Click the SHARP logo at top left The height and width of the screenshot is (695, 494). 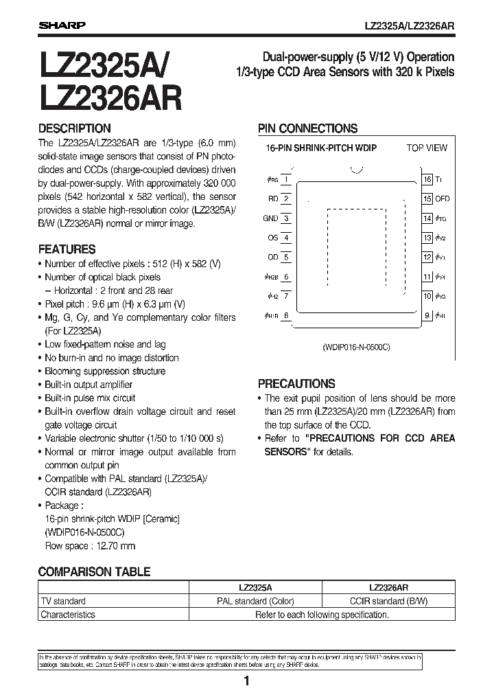pyautogui.click(x=61, y=25)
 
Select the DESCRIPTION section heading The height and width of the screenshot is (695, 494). pyautogui.click(x=74, y=128)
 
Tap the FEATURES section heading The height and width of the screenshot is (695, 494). pyautogui.click(x=67, y=249)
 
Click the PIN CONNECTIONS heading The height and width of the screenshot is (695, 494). pyautogui.click(x=307, y=128)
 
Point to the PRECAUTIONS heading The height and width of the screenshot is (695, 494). pyautogui.click(x=296, y=384)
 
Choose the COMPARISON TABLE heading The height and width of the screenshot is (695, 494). pyautogui.click(x=94, y=571)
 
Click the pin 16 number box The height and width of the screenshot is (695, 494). pyautogui.click(x=427, y=179)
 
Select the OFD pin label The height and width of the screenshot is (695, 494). pyautogui.click(x=443, y=198)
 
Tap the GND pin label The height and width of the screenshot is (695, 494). pyautogui.click(x=270, y=218)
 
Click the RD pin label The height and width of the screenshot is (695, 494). pyautogui.click(x=272, y=198)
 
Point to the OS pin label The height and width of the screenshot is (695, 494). pyautogui.click(x=272, y=238)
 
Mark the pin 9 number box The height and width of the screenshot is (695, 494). pyautogui.click(x=427, y=316)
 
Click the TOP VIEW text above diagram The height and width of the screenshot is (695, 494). pyautogui.click(x=426, y=148)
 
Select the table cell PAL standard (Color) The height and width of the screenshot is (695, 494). pyautogui.click(x=255, y=601)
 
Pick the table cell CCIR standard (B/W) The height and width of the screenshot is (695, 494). pyautogui.click(x=388, y=601)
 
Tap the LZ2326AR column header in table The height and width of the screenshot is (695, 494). pyautogui.click(x=388, y=588)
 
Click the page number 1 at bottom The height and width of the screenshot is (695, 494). pyautogui.click(x=246, y=681)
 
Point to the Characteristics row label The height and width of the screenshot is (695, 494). pyautogui.click(x=68, y=615)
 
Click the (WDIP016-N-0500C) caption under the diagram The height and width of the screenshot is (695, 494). pyautogui.click(x=355, y=347)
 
